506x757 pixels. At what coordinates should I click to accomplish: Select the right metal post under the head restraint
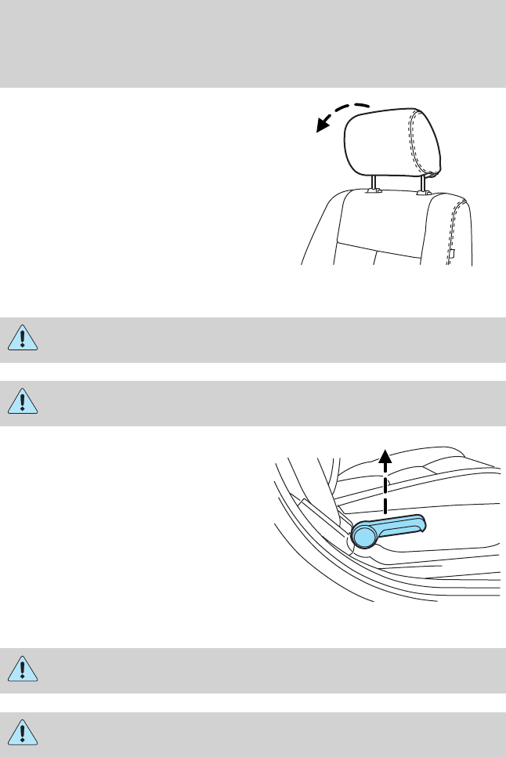(x=424, y=186)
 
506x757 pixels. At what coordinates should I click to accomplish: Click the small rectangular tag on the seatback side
(x=452, y=252)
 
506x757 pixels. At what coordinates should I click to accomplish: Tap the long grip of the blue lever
(x=399, y=526)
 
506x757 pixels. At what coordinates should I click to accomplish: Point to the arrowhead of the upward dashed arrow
(x=385, y=450)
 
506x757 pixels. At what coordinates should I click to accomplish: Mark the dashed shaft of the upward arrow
(x=385, y=486)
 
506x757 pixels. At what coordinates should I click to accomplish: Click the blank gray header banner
(x=253, y=43)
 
